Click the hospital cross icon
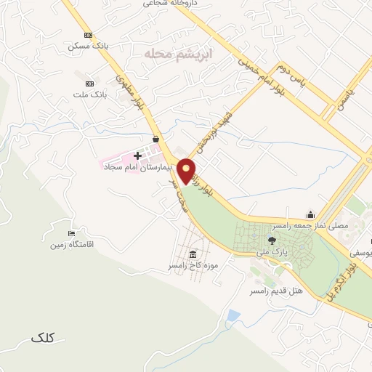coord(137,155)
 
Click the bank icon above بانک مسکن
coord(88,35)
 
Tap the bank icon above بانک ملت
coord(89,84)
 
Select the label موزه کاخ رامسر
coord(193,266)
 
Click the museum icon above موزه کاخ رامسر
coord(192,254)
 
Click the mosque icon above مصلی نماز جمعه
coord(311,214)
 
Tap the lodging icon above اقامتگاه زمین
coord(70,233)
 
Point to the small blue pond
coord(232,316)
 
